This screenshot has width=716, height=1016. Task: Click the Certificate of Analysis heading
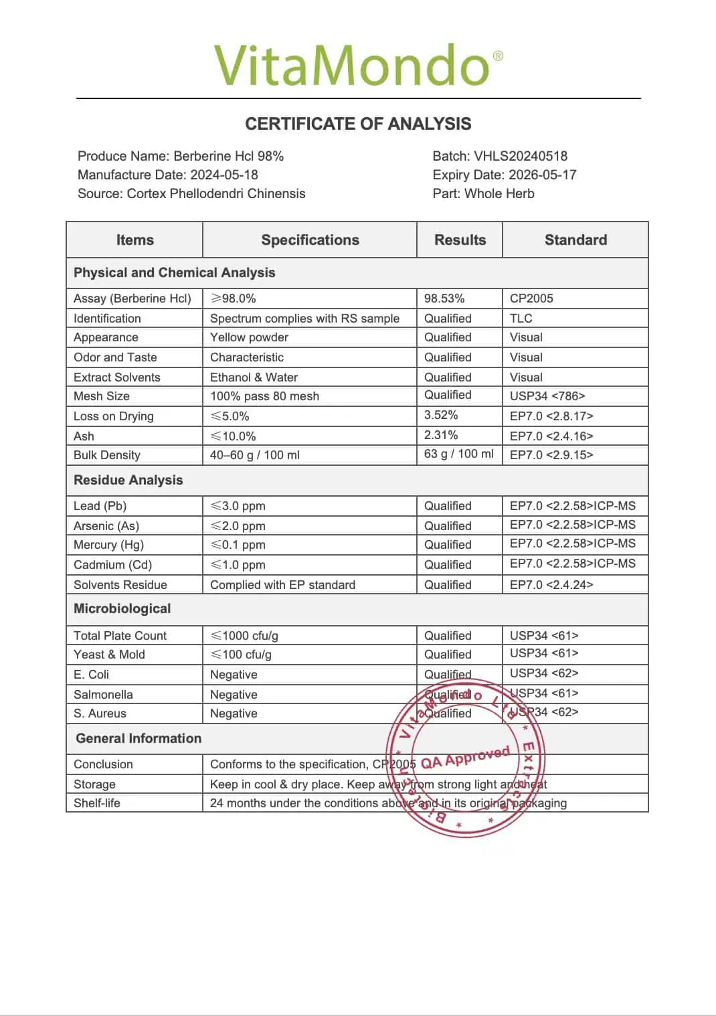358,124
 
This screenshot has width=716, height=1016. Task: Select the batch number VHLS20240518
520,156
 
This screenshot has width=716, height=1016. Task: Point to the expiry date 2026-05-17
542,175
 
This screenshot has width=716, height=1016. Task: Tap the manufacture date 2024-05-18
223,175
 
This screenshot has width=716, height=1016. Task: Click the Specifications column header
310,240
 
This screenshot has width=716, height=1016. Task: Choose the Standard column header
575,240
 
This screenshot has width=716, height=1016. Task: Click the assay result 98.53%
444,299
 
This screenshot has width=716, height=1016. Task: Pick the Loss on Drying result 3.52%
441,415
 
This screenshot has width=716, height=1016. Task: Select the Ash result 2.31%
441,435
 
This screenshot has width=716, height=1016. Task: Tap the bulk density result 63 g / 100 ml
458,454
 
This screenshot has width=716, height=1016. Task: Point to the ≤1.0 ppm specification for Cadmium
238,565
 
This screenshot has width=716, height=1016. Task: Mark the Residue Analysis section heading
128,480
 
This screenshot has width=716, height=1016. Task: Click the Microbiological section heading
122,608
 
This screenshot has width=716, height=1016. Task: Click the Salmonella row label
103,695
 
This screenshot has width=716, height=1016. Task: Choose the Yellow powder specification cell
249,337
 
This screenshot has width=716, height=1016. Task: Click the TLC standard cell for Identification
521,319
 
